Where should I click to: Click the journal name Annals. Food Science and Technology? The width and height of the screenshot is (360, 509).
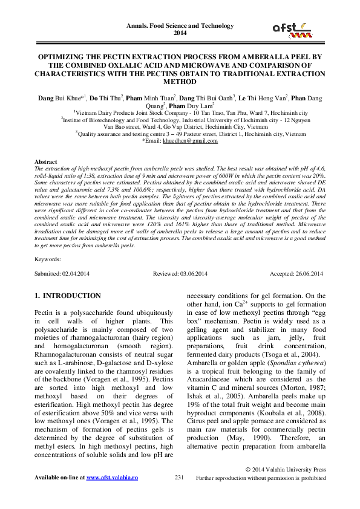180,26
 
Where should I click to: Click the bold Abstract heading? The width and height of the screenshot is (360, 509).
46,163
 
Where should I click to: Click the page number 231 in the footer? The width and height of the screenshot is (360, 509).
179,478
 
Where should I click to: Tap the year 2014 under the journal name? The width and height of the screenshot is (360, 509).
180,33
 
